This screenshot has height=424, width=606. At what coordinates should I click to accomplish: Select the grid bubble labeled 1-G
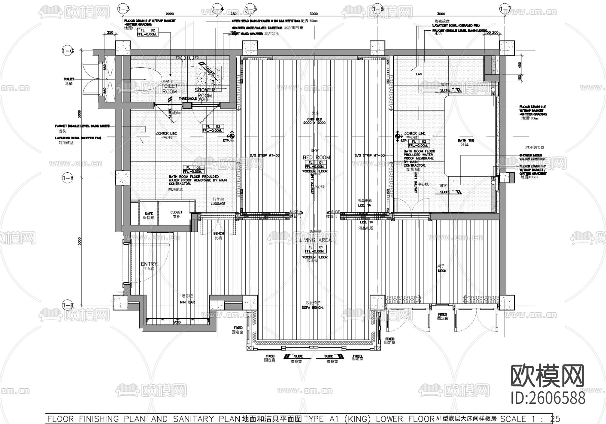[67, 51]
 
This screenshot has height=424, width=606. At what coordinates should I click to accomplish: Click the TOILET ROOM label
[169, 89]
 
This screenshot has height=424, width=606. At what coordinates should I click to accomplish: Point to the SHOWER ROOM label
[205, 93]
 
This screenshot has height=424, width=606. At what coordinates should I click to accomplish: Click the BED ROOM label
[316, 157]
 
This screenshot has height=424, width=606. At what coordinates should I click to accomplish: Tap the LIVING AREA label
[315, 240]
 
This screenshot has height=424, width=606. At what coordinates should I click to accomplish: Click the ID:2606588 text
[548, 398]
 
